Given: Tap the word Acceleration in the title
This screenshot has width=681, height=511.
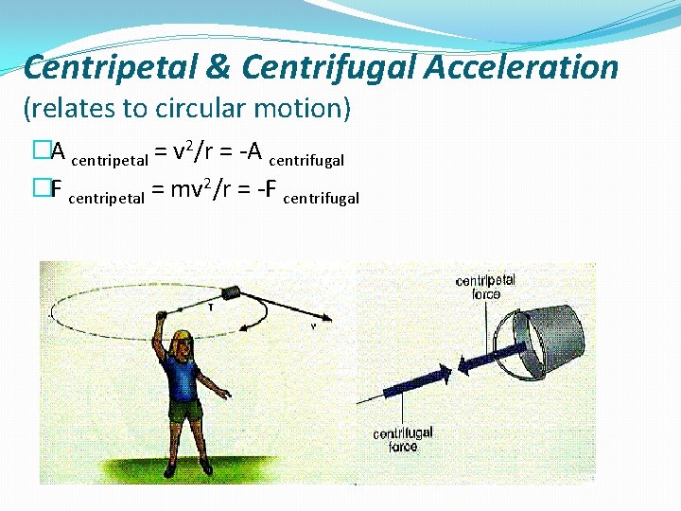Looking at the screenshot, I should pyautogui.click(x=521, y=68).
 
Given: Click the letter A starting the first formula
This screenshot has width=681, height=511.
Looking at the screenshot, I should pyautogui.click(x=57, y=151).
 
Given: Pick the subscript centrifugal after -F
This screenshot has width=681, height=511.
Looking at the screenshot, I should pyautogui.click(x=321, y=198).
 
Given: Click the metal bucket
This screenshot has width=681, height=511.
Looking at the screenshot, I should pyautogui.click(x=551, y=329).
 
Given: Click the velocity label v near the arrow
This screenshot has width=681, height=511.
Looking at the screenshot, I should pyautogui.click(x=313, y=326).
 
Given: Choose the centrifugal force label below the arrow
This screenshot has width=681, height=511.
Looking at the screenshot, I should pyautogui.click(x=402, y=439).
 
